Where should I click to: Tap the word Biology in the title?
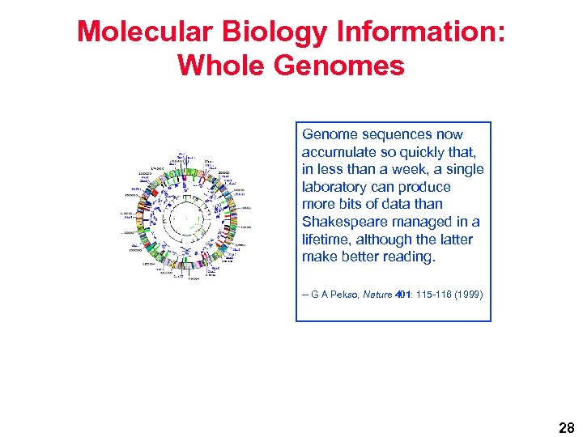pyautogui.click(x=258, y=32)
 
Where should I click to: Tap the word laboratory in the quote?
pyautogui.click(x=335, y=187)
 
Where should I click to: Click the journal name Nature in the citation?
pyautogui.click(x=380, y=295)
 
